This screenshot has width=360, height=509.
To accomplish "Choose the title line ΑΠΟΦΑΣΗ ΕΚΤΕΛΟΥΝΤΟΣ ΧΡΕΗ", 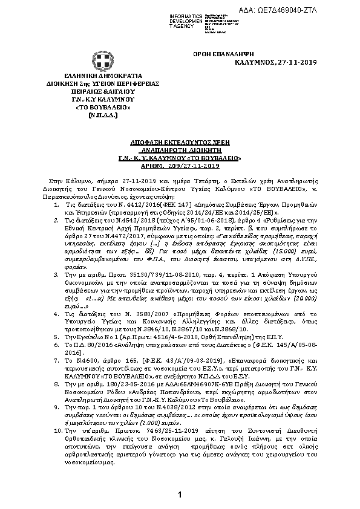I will point(180,138).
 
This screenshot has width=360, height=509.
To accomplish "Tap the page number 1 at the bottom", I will point(180,495).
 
